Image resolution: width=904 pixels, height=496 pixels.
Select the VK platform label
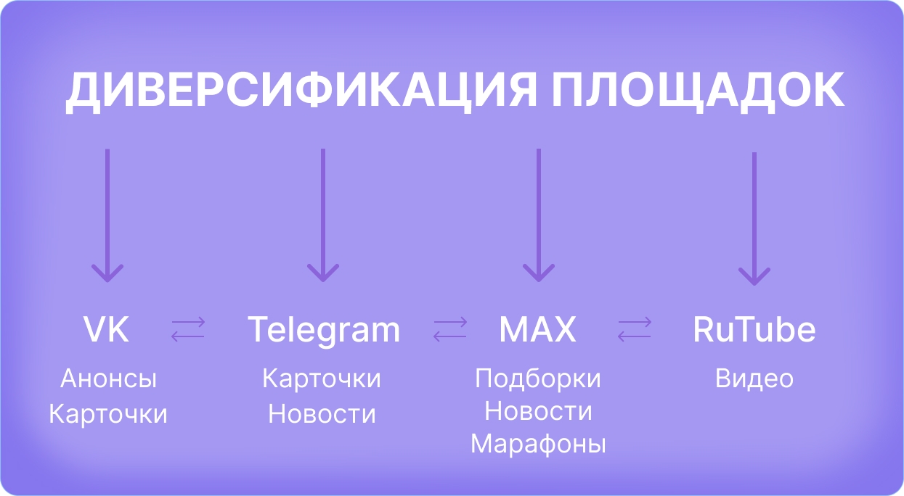[106, 329]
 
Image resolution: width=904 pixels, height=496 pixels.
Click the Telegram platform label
[324, 331]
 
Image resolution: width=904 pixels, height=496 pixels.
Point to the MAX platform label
[538, 329]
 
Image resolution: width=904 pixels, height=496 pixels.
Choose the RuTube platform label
[754, 329]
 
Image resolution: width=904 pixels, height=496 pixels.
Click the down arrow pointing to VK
[107, 215]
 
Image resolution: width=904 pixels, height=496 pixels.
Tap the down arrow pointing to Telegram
[323, 215]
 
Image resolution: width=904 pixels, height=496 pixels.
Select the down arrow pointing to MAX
[538, 215]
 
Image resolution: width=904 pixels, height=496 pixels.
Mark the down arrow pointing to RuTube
[754, 219]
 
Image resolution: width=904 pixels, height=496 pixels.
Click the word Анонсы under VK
[108, 379]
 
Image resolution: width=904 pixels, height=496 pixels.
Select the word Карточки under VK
[107, 414]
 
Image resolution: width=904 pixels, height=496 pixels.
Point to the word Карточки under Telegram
[322, 379]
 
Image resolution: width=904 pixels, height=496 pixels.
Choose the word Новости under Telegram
[322, 414]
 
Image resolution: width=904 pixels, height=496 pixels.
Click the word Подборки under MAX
[538, 379]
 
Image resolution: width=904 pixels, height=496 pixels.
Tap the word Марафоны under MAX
[538, 445]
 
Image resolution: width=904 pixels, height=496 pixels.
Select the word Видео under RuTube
[754, 379]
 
